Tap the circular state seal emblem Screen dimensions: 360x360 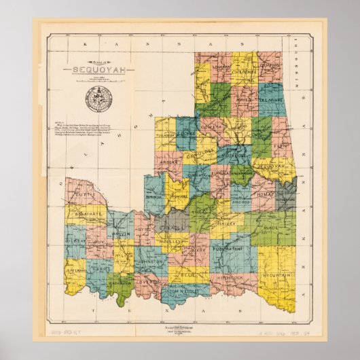click(x=94, y=98)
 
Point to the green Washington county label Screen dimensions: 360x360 click(x=120, y=283)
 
